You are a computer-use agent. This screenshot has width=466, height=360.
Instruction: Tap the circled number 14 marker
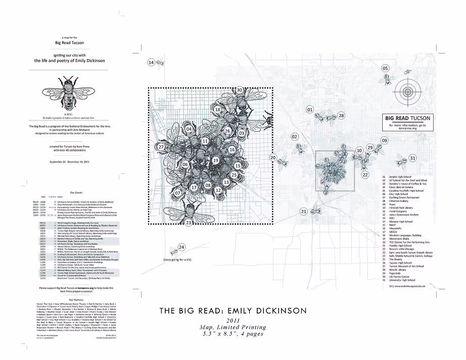pyautogui.click(x=151, y=63)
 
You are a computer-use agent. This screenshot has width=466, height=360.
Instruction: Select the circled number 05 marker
pyautogui.click(x=385, y=68)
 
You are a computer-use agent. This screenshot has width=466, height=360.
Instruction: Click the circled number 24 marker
pyautogui.click(x=182, y=247)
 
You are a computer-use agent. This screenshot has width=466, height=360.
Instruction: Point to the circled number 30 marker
pyautogui.click(x=240, y=90)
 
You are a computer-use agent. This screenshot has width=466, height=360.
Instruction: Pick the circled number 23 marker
pyautogui.click(x=188, y=222)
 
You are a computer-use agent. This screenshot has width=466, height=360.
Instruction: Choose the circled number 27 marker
pyautogui.click(x=161, y=147)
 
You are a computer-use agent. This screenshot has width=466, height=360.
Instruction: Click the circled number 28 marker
pyautogui.click(x=341, y=116)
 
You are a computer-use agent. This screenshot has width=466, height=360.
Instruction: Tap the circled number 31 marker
pyautogui.click(x=412, y=158)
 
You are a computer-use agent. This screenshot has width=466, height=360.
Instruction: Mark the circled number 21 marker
pyautogui.click(x=303, y=211)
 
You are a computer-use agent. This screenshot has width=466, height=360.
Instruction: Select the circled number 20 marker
pyautogui.click(x=272, y=158)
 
